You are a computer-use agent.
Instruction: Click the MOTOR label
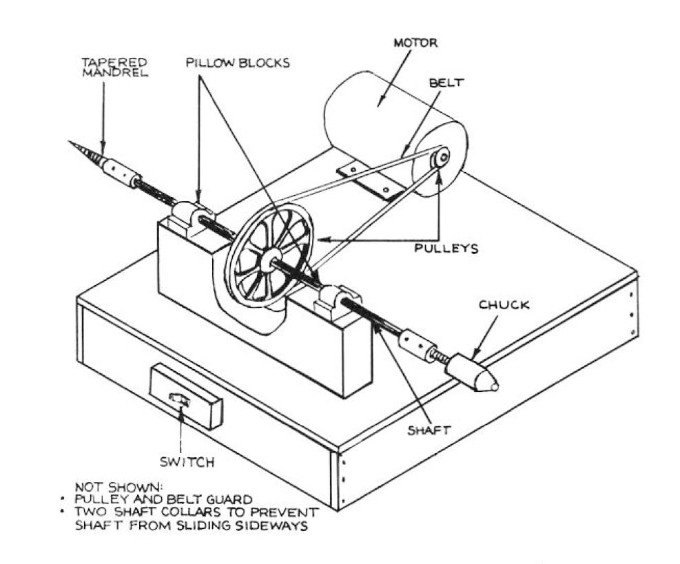(x=415, y=43)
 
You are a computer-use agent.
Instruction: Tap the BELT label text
(x=446, y=82)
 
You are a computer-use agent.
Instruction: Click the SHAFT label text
(x=428, y=430)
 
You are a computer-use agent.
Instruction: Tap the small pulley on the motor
(x=439, y=158)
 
